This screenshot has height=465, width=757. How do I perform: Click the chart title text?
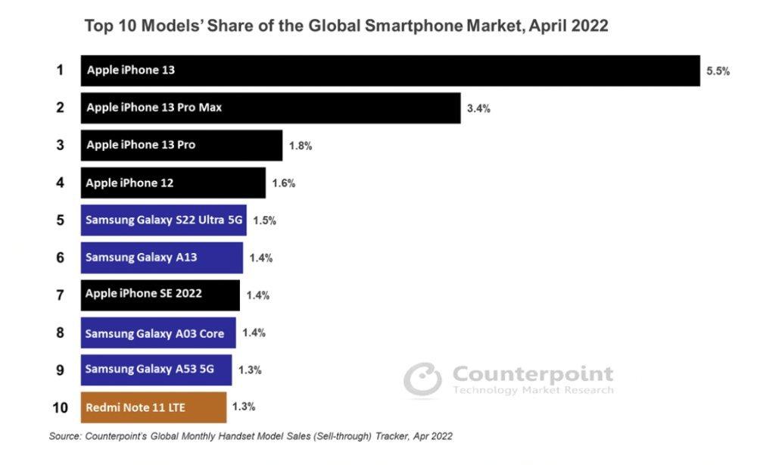[346, 26]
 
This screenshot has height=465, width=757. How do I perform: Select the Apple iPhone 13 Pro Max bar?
[270, 108]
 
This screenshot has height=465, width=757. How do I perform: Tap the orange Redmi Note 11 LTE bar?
[153, 407]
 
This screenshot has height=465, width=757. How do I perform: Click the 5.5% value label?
[718, 71]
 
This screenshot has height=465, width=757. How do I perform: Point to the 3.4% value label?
[478, 108]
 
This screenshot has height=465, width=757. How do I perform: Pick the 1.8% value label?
[300, 146]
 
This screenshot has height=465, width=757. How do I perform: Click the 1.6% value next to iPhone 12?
[283, 183]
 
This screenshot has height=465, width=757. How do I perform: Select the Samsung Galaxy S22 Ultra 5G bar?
[163, 220]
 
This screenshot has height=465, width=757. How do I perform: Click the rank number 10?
[60, 407]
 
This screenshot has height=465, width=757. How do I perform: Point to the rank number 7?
[60, 295]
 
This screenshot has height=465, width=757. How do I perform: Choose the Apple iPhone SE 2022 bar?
[160, 295]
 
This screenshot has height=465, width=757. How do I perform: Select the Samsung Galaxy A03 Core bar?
[157, 332]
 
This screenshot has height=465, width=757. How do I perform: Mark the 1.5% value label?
[264, 221]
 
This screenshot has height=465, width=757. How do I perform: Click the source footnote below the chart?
[251, 436]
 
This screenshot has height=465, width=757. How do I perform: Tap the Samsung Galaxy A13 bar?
[161, 257]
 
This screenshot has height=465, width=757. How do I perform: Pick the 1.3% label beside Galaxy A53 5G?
[250, 370]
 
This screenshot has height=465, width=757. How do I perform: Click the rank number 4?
[60, 183]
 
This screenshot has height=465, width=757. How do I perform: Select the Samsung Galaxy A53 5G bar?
[156, 370]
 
